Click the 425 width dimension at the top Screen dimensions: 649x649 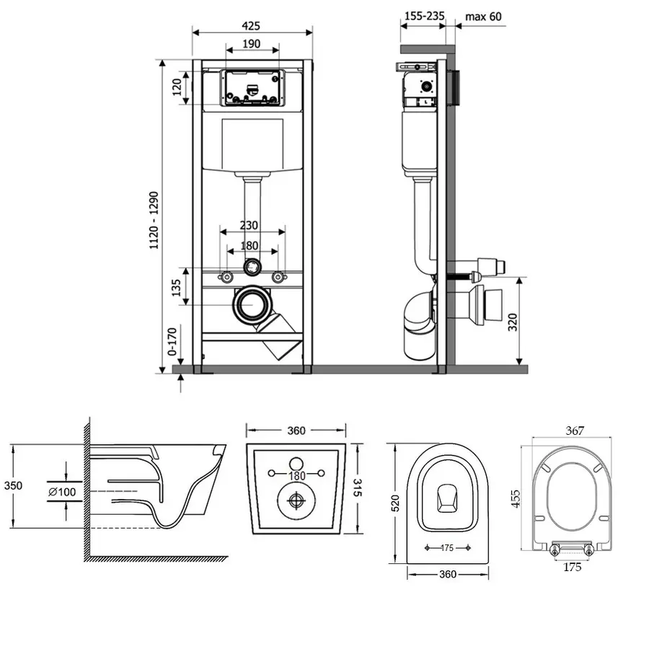(251, 25)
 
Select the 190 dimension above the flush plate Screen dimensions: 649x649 (251, 44)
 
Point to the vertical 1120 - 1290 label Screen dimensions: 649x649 (154, 216)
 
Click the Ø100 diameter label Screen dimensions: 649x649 (63, 492)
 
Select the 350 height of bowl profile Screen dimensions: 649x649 (13, 485)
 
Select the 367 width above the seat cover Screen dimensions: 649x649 (574, 431)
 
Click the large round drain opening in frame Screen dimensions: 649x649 (251, 304)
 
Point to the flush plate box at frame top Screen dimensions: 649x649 (251, 88)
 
